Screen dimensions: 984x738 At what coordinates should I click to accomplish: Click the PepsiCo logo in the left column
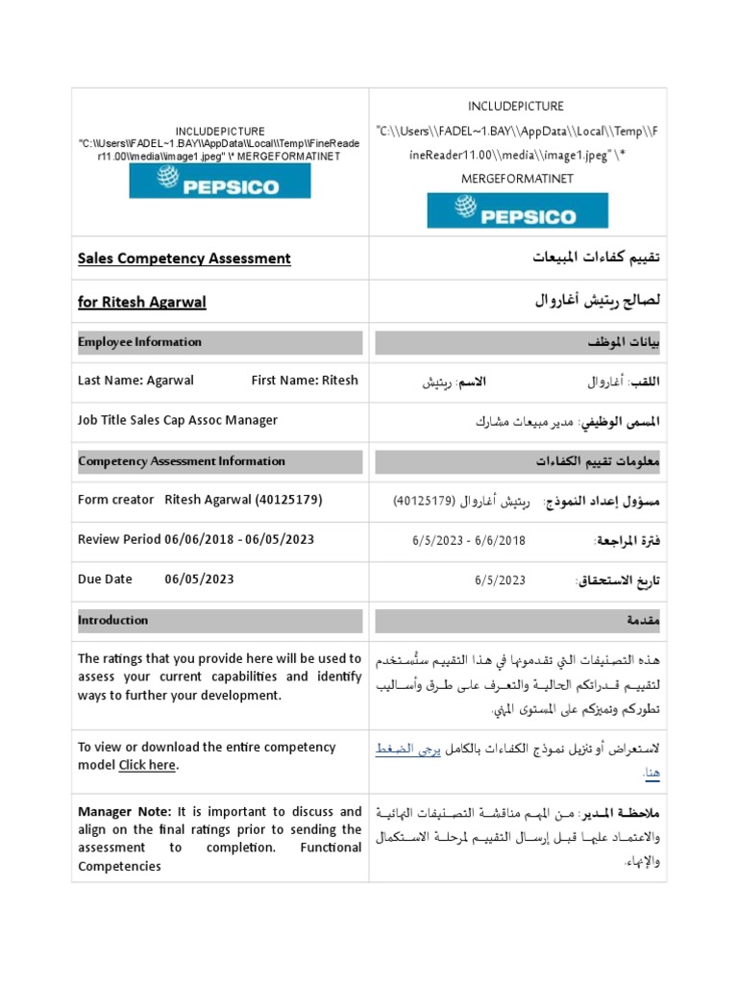220,181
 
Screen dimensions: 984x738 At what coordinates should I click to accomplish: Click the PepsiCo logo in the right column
517,210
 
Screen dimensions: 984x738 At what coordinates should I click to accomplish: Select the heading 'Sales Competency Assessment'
184,258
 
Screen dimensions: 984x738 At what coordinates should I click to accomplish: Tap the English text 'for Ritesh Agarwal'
142,303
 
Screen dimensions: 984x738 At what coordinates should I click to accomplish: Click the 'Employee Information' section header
139,342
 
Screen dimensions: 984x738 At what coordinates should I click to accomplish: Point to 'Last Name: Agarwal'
135,381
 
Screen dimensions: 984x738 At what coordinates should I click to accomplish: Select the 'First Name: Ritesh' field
305,381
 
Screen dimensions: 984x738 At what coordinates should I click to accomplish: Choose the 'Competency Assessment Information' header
181,461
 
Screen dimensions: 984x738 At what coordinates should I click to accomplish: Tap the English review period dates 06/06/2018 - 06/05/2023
239,539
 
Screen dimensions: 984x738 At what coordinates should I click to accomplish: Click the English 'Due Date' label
105,579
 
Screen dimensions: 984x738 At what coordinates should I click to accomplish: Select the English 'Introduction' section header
112,621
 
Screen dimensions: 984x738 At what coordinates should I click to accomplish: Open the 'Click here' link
147,766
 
